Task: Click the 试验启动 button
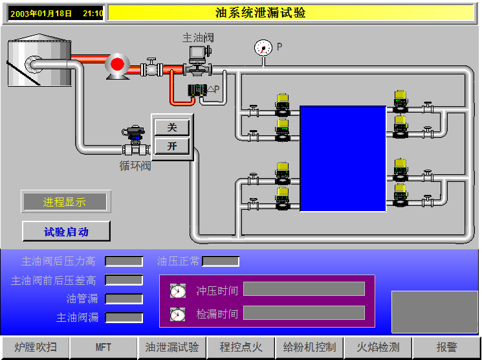point(66,231)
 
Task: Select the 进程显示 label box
point(65,202)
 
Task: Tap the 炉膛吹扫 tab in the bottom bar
point(36,348)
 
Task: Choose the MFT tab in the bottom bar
point(104,348)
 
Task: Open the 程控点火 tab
point(241,348)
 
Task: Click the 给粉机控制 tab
point(309,348)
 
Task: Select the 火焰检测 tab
point(378,348)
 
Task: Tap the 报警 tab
point(446,348)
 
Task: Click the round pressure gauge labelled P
point(263,48)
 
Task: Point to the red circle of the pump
point(117,64)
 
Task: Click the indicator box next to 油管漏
point(124,298)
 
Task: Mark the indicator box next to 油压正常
point(221,261)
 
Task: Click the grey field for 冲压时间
point(304,289)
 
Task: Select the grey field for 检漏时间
point(304,313)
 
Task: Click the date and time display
point(56,14)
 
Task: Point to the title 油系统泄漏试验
point(260,13)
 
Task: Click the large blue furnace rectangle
point(343,159)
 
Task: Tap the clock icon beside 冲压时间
point(178,291)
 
